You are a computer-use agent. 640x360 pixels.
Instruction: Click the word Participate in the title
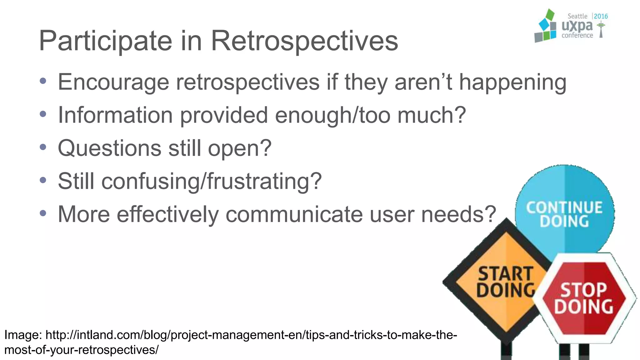pyautogui.click(x=105, y=41)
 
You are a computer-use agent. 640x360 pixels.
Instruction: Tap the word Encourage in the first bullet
pyautogui.click(x=113, y=82)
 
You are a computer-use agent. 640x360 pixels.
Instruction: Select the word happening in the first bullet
pyautogui.click(x=512, y=82)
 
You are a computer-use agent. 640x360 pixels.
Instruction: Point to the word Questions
pyautogui.click(x=109, y=148)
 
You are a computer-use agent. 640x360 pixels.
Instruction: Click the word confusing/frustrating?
pyautogui.click(x=211, y=181)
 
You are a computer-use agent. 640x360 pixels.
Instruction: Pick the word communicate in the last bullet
pyautogui.click(x=293, y=214)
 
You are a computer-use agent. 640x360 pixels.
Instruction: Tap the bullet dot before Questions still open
pyautogui.click(x=43, y=147)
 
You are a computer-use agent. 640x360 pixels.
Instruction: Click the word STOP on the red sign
pyautogui.click(x=583, y=290)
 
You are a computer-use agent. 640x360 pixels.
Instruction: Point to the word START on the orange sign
pyautogui.click(x=505, y=273)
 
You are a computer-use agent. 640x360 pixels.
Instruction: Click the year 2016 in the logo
pyautogui.click(x=601, y=16)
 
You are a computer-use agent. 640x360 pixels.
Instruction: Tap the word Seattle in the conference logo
pyautogui.click(x=577, y=16)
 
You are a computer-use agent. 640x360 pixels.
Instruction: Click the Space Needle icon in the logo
pyautogui.click(x=601, y=30)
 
